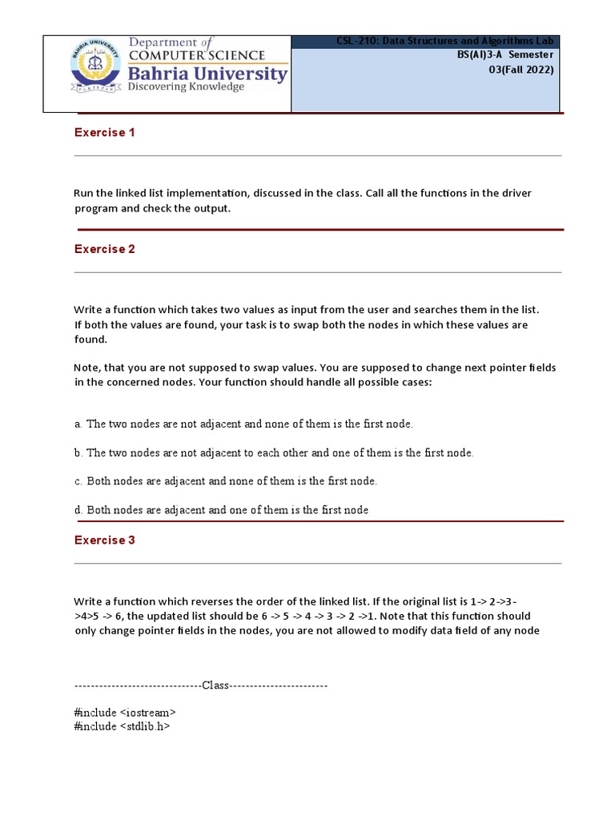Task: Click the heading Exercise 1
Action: (x=104, y=133)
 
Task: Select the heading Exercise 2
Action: (x=104, y=249)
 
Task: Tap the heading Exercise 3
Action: (x=104, y=541)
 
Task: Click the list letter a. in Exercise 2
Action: (x=78, y=424)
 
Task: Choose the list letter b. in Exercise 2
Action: (x=78, y=453)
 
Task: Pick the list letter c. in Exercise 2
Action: (x=78, y=481)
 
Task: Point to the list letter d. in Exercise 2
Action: (x=78, y=510)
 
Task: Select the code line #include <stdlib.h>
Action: (x=122, y=726)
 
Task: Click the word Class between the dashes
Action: (x=215, y=686)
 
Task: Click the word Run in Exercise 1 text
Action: (x=84, y=194)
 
